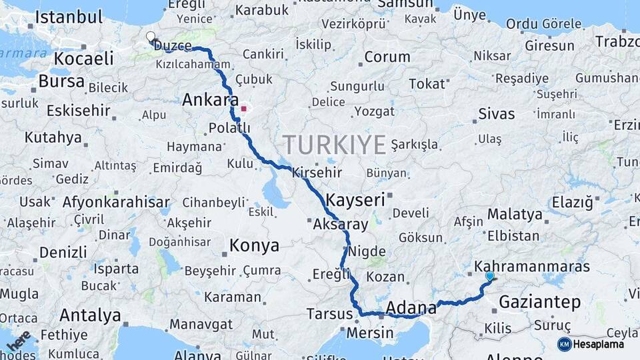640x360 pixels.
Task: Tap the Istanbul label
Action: (69, 17)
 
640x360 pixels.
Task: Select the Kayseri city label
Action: (356, 199)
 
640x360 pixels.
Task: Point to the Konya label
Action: (254, 245)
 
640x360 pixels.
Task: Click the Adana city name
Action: (411, 308)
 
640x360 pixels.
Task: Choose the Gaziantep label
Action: (540, 302)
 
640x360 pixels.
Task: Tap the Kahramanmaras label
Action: (532, 267)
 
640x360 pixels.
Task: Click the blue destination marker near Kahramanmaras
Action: (490, 276)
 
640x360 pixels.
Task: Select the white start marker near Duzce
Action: (151, 37)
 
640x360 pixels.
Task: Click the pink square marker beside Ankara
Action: (244, 109)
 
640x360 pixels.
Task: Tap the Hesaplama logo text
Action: (599, 344)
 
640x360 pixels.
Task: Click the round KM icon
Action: (565, 344)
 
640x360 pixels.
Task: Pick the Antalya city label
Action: (91, 315)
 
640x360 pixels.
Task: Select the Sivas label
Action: (497, 113)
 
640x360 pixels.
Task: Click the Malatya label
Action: (515, 215)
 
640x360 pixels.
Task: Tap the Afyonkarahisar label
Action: (116, 202)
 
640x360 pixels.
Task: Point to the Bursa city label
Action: (61, 82)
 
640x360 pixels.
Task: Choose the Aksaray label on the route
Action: (340, 225)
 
